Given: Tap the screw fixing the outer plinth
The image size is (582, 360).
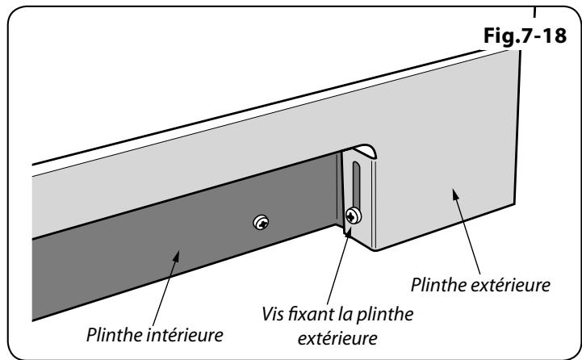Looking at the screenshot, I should pos(352,216).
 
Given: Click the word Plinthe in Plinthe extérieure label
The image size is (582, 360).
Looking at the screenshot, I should pos(439,285).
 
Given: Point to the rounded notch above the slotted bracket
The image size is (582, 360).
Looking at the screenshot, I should pos(362,150).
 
